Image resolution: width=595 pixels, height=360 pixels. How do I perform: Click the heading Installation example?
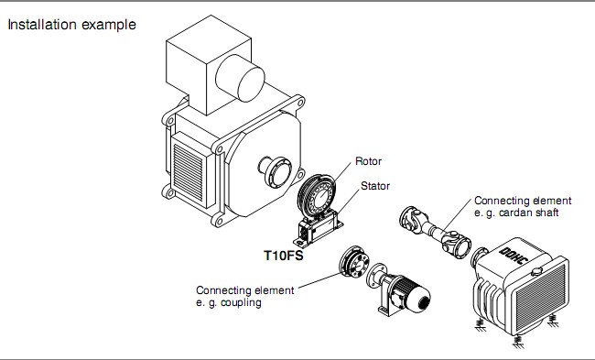point(71,25)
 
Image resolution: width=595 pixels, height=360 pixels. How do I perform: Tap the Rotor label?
point(368,161)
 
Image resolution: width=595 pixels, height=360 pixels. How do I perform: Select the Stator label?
point(375,186)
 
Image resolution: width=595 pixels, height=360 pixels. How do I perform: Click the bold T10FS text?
point(284,256)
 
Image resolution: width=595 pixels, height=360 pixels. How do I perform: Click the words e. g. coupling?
point(229,302)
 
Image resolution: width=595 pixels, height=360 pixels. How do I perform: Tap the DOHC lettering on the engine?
point(513,256)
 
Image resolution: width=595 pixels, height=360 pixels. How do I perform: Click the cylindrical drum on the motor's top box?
point(240,78)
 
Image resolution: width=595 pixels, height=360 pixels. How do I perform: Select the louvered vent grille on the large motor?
point(189,172)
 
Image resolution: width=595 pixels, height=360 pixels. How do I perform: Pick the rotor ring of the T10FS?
point(317,195)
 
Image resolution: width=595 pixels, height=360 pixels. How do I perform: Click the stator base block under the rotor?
point(318,230)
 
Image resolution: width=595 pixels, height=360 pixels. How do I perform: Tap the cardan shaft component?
point(435,232)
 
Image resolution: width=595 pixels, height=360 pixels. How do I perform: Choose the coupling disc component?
point(353,262)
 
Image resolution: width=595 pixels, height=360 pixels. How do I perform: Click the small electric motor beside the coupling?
point(399,289)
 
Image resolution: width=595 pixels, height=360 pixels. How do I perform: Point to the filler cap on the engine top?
point(536,271)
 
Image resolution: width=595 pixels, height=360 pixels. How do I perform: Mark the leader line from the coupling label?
point(319,281)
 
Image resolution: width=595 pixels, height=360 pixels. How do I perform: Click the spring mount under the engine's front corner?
point(517,342)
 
